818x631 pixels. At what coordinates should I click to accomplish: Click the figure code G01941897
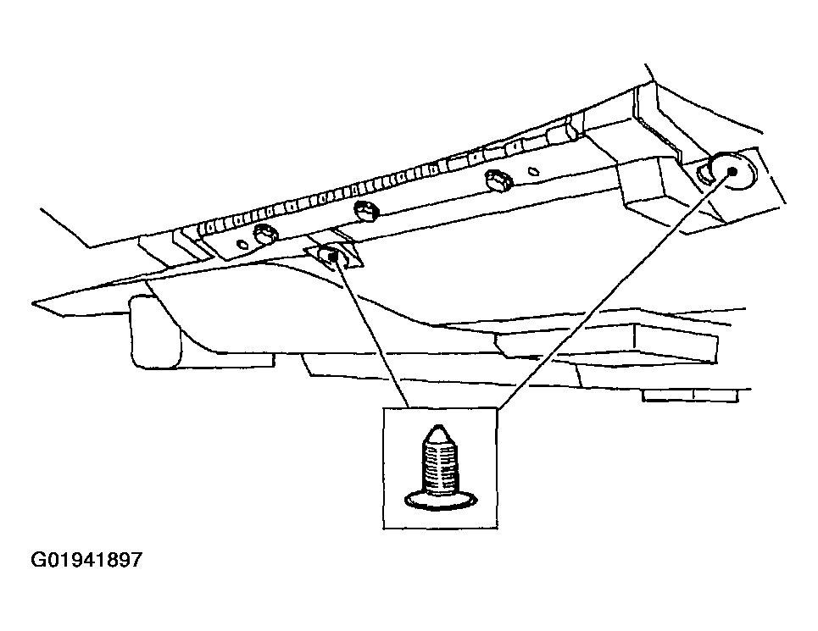coord(87,560)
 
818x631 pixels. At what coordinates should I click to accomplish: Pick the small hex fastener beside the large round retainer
coord(706,177)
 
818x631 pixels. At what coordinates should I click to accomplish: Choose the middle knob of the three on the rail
coord(367,208)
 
